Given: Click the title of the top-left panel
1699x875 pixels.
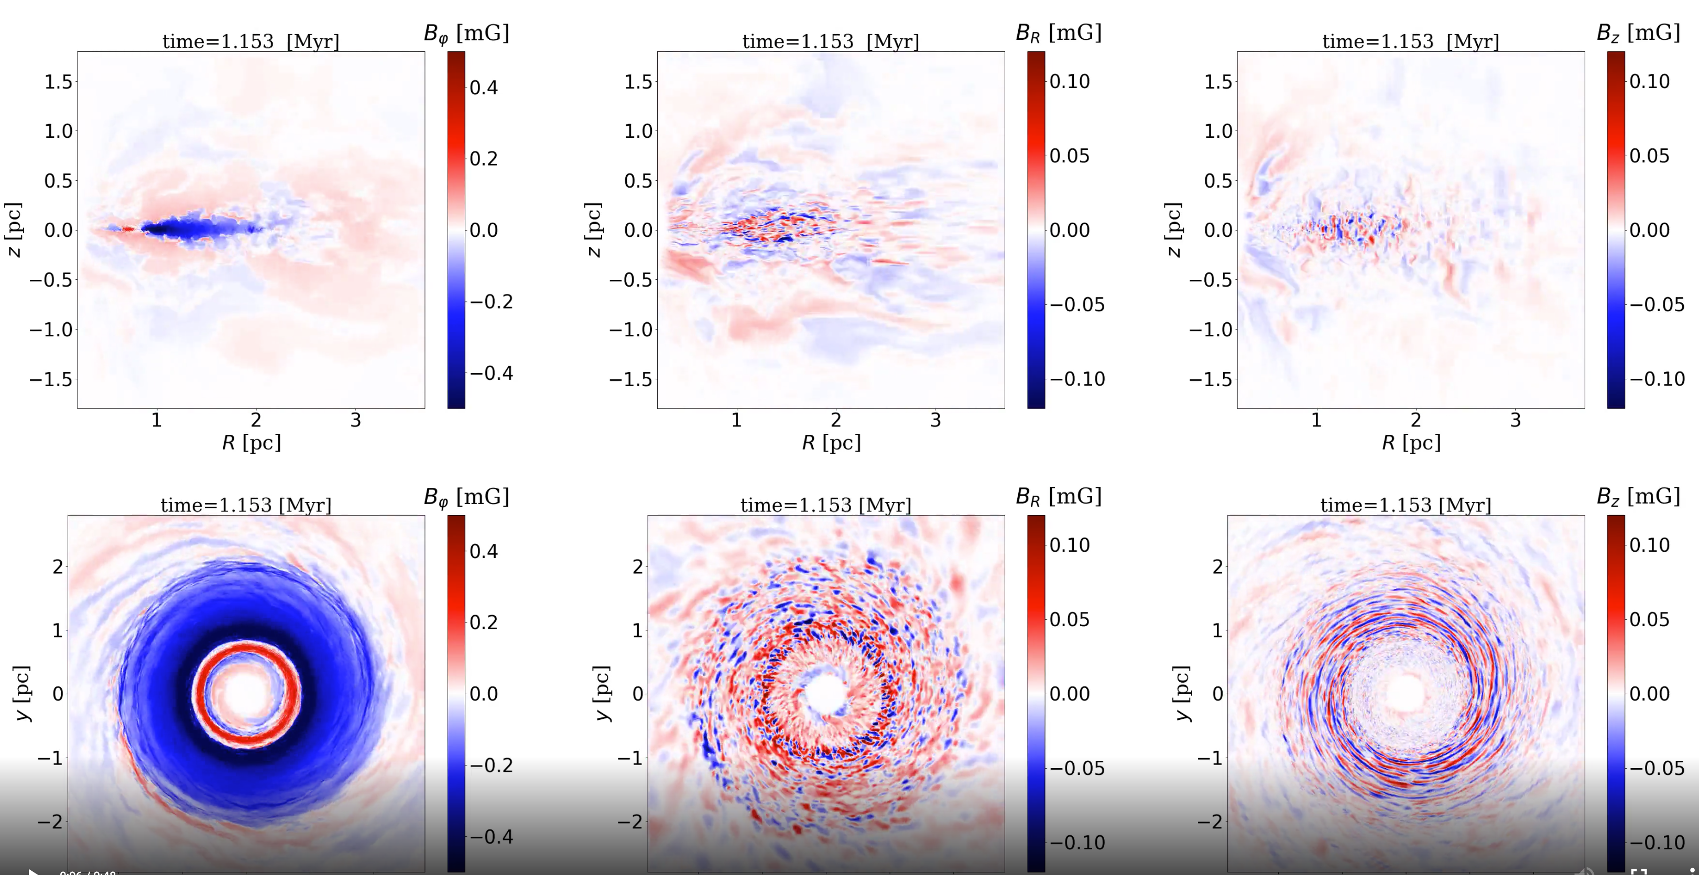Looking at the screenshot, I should tap(251, 41).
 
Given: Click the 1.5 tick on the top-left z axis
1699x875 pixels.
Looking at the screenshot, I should tap(58, 82).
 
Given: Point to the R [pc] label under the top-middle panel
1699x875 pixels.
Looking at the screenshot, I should tap(831, 442).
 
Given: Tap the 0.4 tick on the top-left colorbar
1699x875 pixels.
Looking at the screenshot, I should tap(484, 87).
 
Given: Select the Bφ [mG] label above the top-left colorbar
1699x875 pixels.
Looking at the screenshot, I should tap(466, 33).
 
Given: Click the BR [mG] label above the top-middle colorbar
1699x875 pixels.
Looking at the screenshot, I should tap(1058, 33).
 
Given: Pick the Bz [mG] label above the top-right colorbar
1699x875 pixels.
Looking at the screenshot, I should tap(1638, 33).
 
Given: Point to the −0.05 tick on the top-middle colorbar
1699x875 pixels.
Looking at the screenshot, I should tap(1076, 304).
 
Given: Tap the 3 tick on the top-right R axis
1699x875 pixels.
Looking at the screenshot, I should tap(1515, 420).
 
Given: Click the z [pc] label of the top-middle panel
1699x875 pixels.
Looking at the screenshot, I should tap(594, 229).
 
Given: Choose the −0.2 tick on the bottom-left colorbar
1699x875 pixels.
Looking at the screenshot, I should tap(491, 765).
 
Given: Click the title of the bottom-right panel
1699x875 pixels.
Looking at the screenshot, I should tap(1406, 505).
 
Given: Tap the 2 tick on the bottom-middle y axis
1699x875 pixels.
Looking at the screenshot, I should tap(637, 566).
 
